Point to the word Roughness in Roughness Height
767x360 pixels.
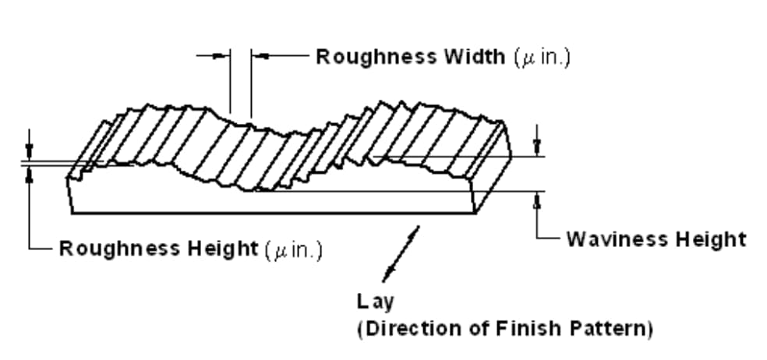pos(120,249)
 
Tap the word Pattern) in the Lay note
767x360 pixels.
pos(609,328)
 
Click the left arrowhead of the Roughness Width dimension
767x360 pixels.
pos(224,55)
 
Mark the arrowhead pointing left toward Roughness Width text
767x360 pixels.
pos(259,55)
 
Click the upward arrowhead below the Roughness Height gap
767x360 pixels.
pos(29,172)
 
